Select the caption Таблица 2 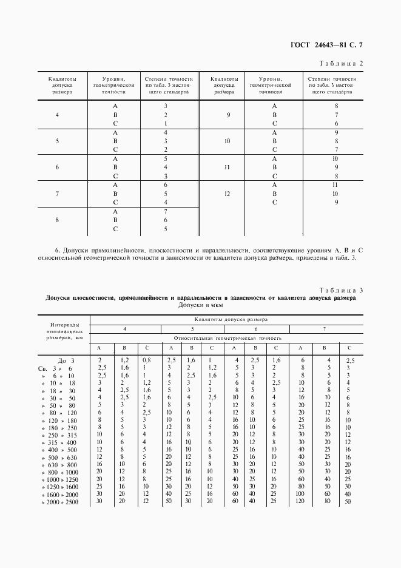pyautogui.click(x=340, y=63)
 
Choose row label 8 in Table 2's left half pyautogui.click(x=57, y=220)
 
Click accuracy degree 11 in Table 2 pyautogui.click(x=335, y=184)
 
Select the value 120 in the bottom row pyautogui.click(x=300, y=502)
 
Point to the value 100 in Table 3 pyautogui.click(x=300, y=494)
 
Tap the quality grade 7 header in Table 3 pyautogui.click(x=325, y=328)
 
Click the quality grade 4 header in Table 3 pyautogui.click(x=124, y=328)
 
